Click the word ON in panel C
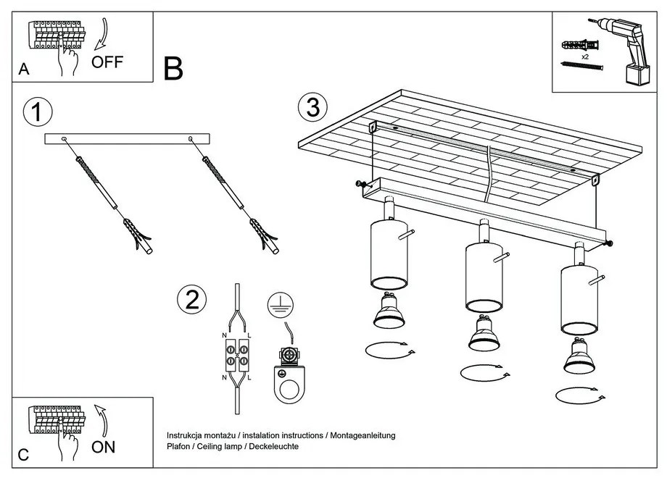(x=104, y=446)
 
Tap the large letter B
(x=173, y=69)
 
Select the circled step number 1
(x=38, y=113)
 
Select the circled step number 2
(x=191, y=300)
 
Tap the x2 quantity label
(x=585, y=56)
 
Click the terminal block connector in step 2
(x=236, y=353)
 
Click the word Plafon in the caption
(x=179, y=447)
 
